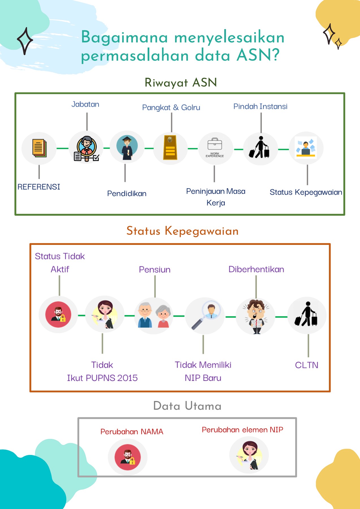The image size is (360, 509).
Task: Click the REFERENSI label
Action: (x=39, y=187)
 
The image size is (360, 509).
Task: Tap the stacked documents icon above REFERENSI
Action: (x=39, y=148)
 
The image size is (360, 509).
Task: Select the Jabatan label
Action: (x=85, y=104)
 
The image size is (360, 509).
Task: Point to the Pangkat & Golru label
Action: (x=171, y=107)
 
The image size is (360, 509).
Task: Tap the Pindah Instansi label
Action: (x=260, y=107)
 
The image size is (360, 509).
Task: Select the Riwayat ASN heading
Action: (x=180, y=83)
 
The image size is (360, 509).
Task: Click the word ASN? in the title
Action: (x=258, y=55)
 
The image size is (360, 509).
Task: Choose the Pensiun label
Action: (x=154, y=269)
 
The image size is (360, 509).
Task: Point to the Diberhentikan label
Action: (x=256, y=269)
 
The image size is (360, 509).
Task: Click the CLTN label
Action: (x=307, y=365)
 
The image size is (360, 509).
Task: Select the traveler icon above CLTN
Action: (x=307, y=315)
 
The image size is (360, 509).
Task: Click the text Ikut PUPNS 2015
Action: (x=102, y=378)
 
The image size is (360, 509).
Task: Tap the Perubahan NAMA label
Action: (x=132, y=432)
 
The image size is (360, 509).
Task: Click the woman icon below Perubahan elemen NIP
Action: (x=249, y=455)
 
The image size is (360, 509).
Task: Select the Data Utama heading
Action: (x=187, y=406)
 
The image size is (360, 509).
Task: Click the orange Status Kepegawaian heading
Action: (x=182, y=231)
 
